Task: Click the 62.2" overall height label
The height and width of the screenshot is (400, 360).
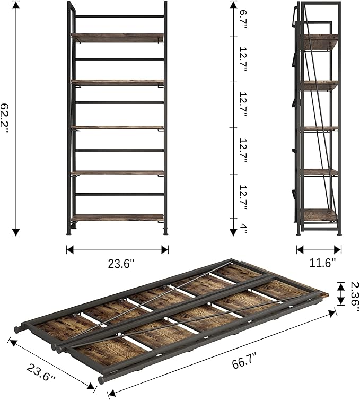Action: [4, 118]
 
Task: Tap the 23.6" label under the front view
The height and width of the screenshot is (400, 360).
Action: [121, 264]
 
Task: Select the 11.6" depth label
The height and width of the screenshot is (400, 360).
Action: [322, 263]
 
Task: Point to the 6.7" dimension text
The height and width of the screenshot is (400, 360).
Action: [243, 20]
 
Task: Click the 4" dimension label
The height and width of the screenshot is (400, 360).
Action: [244, 229]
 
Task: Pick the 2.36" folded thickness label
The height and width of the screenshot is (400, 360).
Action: [355, 297]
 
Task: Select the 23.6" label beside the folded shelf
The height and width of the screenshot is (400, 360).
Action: [41, 373]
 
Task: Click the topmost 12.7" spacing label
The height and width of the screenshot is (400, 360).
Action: [243, 59]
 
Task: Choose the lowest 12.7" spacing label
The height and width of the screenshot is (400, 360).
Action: [243, 198]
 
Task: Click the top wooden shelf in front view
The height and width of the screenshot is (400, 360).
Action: [118, 37]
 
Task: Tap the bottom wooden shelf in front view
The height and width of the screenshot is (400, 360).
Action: [118, 218]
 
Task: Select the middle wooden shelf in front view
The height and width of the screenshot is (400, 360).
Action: [118, 127]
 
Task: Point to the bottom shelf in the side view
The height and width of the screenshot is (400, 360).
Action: [320, 215]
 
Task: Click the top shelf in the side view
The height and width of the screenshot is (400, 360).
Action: [320, 41]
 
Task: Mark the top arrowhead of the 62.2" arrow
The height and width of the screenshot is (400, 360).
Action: [16, 5]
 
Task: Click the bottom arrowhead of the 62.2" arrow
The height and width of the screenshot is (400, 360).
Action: [16, 232]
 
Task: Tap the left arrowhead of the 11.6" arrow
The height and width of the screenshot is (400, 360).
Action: [300, 250]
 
